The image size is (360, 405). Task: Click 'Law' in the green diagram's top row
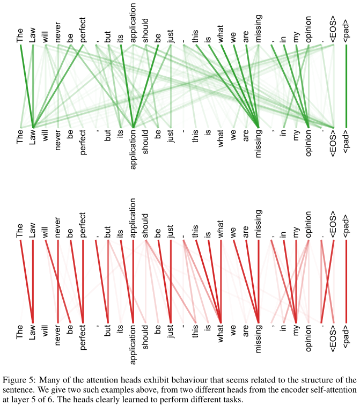33,35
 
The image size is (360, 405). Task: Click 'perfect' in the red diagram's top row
83,226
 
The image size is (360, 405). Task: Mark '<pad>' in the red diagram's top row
346,226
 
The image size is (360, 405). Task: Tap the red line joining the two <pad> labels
346,279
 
